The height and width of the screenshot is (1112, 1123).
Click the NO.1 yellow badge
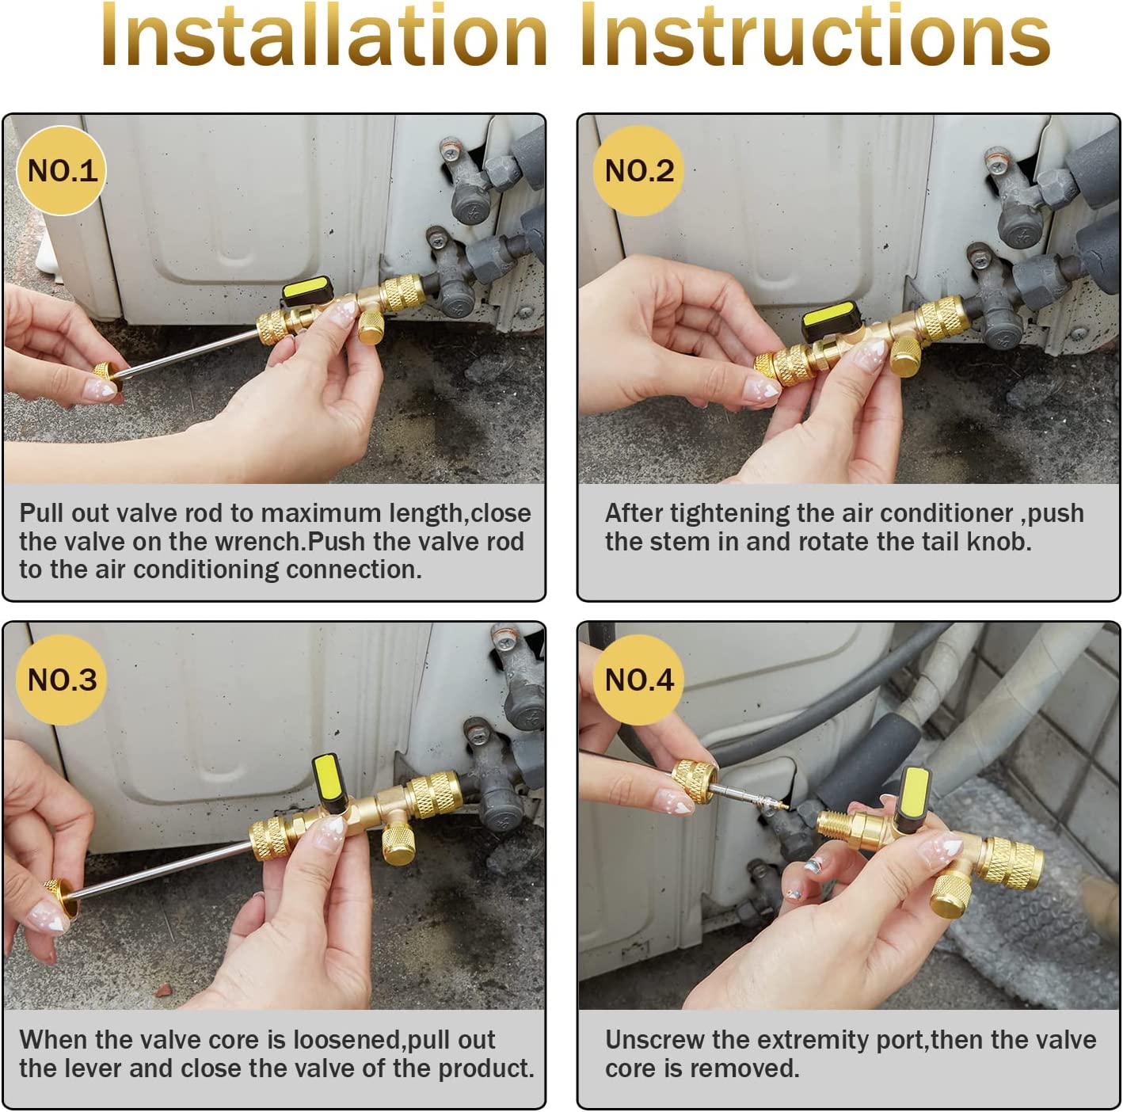tap(61, 170)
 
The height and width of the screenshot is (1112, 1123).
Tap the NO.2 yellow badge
tap(638, 170)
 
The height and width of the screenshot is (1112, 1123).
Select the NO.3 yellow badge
tap(61, 680)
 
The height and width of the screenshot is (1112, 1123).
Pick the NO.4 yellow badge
tap(638, 680)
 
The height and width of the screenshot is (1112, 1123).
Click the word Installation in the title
tap(324, 36)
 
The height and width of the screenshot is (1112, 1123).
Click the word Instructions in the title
tap(815, 36)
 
